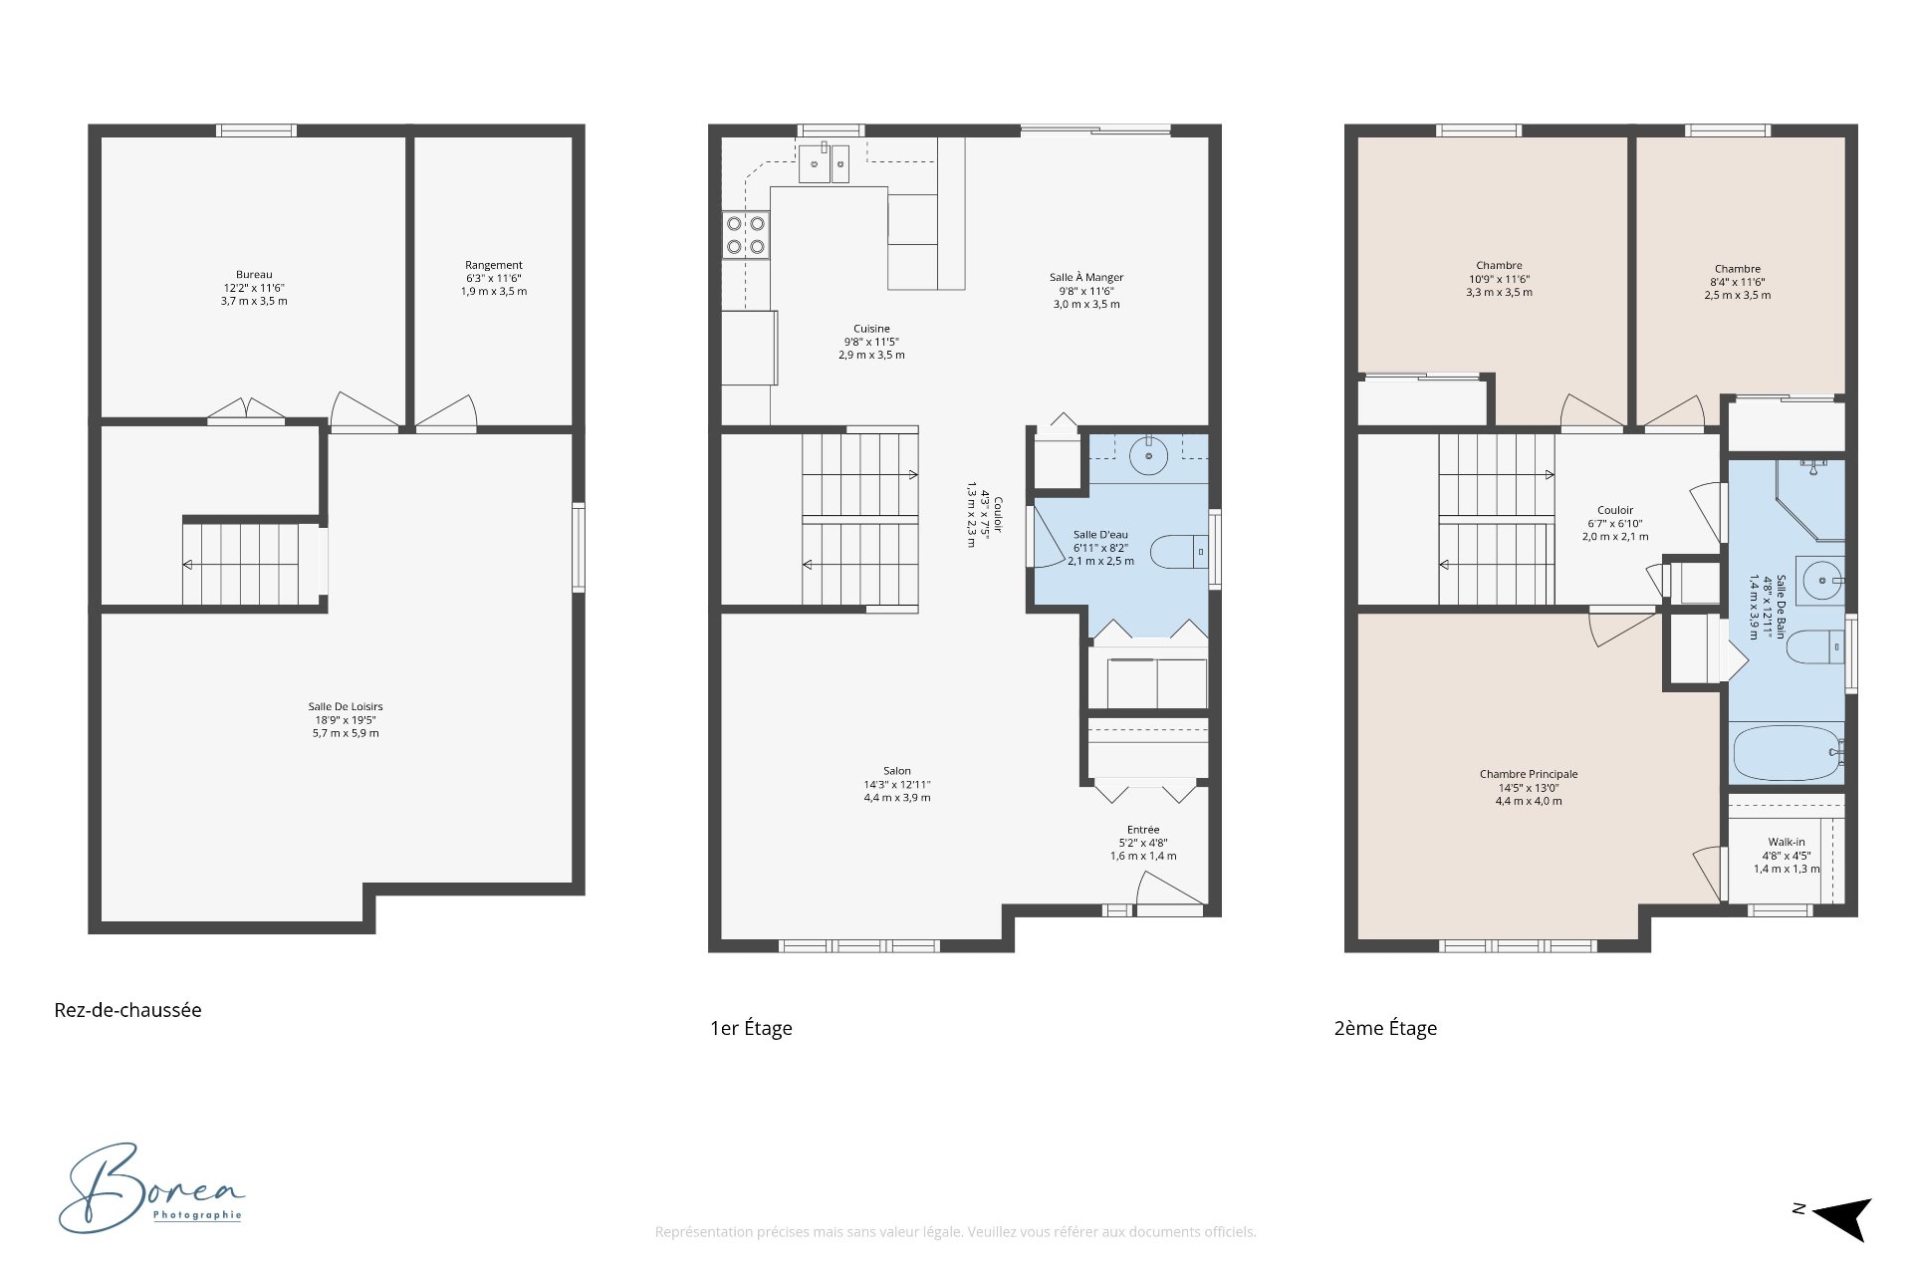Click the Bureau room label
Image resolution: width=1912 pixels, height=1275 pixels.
coord(254,275)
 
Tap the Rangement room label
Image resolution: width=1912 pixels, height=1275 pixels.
coord(494,266)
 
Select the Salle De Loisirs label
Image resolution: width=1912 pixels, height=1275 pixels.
coord(346,707)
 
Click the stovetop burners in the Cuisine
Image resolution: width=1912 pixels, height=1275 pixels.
coord(746,235)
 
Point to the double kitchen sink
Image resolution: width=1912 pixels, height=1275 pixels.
coord(824,164)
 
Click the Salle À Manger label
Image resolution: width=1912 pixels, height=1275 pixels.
coord(1086,278)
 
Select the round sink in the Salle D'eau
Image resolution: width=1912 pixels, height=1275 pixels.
coord(1149,456)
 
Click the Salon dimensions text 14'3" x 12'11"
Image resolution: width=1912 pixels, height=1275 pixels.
coord(897,785)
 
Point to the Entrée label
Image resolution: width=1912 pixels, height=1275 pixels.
coord(1143,830)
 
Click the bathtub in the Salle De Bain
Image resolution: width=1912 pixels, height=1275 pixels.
coord(1789,753)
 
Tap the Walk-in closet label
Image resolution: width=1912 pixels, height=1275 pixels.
coord(1787,843)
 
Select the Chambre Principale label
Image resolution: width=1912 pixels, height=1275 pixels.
coord(1529,775)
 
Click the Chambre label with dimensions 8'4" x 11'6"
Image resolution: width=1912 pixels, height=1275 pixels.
coord(1738,269)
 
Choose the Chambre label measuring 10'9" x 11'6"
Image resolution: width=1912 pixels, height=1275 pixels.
coord(1500,266)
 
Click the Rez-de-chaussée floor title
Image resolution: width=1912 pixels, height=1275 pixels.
coord(127,1010)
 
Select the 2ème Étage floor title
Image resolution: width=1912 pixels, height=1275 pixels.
coord(1385,1028)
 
